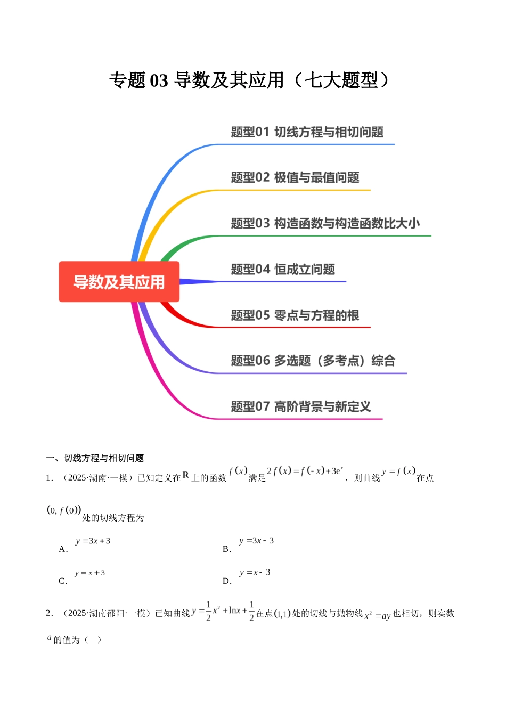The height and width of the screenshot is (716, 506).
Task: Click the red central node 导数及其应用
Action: pos(119,282)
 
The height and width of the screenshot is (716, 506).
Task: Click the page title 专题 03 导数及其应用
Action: pos(249,80)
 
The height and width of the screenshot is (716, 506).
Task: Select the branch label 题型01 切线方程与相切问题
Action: pos(307,132)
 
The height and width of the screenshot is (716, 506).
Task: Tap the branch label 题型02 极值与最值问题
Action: pos(295,177)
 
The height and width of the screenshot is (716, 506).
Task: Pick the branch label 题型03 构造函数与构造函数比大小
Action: pos(325,223)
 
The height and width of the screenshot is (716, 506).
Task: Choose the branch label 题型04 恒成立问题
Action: pos(282,270)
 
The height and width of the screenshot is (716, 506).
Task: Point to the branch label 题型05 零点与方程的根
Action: pos(295,315)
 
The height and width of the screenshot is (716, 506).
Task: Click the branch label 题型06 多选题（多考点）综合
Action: pos(313,361)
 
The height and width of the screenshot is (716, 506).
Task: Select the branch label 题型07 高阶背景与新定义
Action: pos(300,407)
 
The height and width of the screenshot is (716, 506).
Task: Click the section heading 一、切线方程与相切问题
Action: pos(95,458)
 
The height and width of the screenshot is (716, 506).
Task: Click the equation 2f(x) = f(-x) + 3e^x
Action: pos(305,471)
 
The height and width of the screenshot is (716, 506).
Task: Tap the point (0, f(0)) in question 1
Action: pos(64,510)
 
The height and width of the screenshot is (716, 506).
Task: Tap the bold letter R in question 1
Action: pos(185,475)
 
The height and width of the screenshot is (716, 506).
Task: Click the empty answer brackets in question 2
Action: pos(92,640)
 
